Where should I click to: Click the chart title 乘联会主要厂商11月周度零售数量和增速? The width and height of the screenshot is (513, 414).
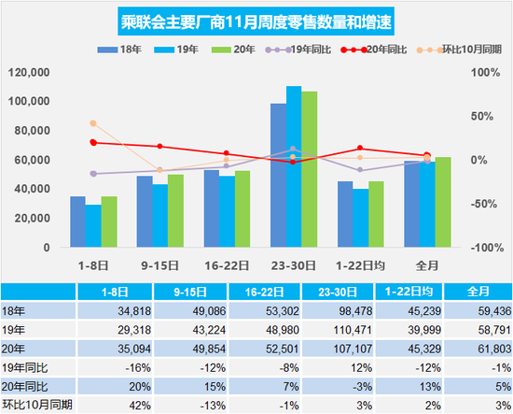[256, 20]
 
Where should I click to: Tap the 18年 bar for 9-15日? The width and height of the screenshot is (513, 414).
[145, 212]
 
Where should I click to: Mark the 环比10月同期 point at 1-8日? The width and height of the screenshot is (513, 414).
[93, 123]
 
